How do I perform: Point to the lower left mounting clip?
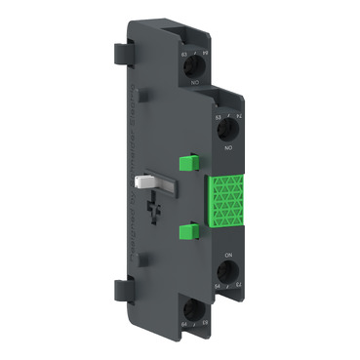click(122, 289)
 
